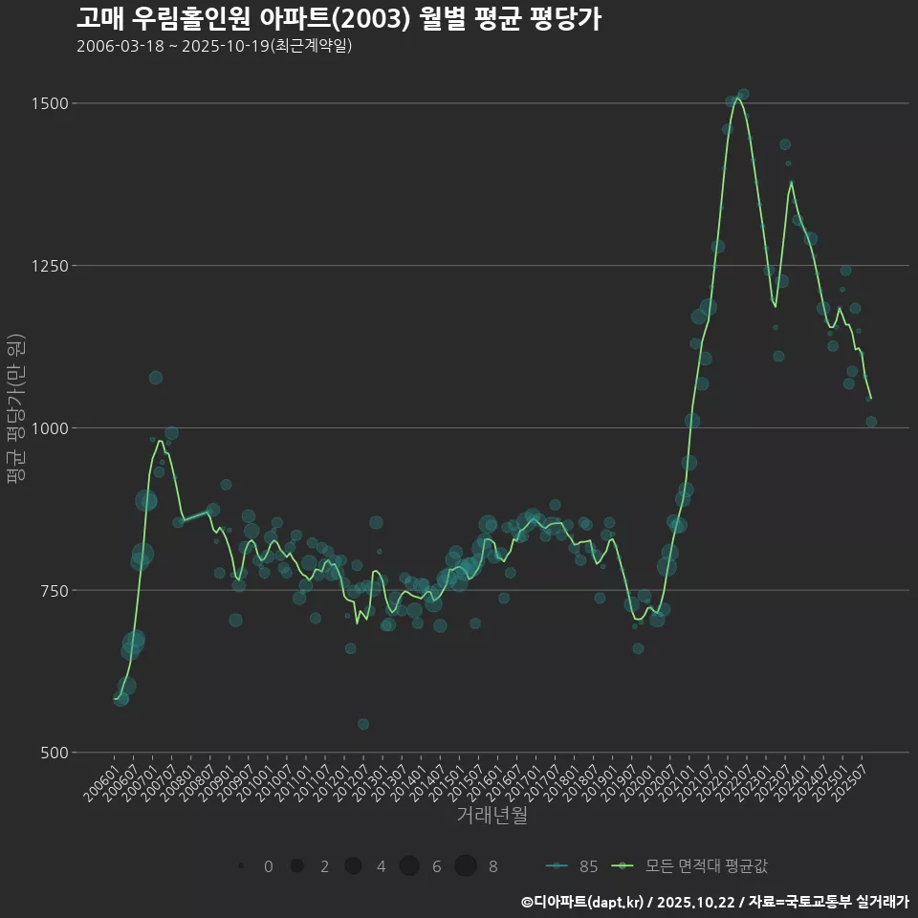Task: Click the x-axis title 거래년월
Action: click(492, 816)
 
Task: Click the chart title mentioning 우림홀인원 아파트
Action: click(339, 18)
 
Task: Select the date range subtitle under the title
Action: click(214, 46)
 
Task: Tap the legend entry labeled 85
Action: click(574, 866)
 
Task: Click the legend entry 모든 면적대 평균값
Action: click(693, 866)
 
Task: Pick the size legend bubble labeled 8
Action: click(466, 866)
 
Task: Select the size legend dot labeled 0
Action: click(241, 866)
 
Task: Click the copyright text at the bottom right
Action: click(714, 901)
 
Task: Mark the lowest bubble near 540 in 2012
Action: click(363, 724)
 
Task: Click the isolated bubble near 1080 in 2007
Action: click(156, 378)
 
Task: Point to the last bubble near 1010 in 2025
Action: click(871, 422)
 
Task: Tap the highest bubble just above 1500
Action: click(743, 94)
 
